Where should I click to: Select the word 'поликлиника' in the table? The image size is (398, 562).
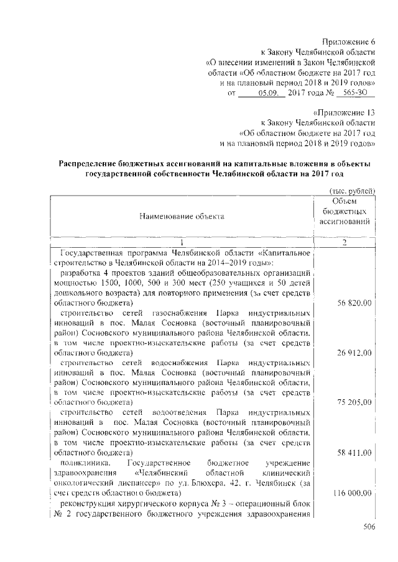pyautogui.click(x=84, y=463)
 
